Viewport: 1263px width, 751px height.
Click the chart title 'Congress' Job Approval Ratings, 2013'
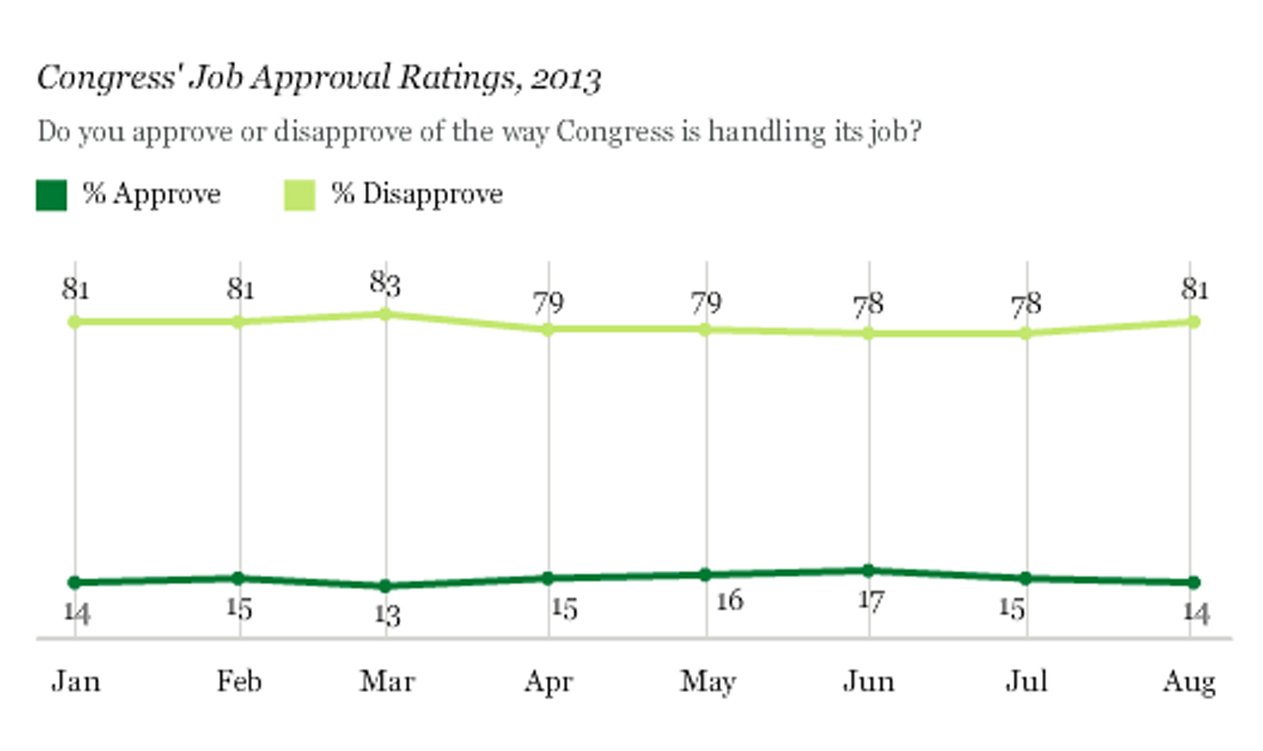coord(319,78)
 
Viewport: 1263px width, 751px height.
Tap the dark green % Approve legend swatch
coord(51,195)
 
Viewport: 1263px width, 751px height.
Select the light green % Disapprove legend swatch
coord(300,195)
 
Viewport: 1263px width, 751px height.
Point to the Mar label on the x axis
coord(387,682)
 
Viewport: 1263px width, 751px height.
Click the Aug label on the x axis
coord(1189,682)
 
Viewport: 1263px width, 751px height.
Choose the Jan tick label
coord(76,682)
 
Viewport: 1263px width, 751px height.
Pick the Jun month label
coord(869,682)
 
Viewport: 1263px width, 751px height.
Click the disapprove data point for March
coord(386,314)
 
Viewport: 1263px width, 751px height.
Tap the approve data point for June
coord(869,570)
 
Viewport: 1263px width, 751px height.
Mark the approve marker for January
coord(74,582)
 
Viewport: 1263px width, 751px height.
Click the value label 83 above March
coord(385,284)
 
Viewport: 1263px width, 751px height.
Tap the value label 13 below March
coord(388,615)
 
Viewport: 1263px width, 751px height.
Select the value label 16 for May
coord(730,601)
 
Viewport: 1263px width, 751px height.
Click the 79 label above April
coord(548,303)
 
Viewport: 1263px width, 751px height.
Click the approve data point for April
coord(548,578)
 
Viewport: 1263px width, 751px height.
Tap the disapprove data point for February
coord(238,322)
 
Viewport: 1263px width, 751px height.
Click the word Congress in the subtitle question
coord(614,131)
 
